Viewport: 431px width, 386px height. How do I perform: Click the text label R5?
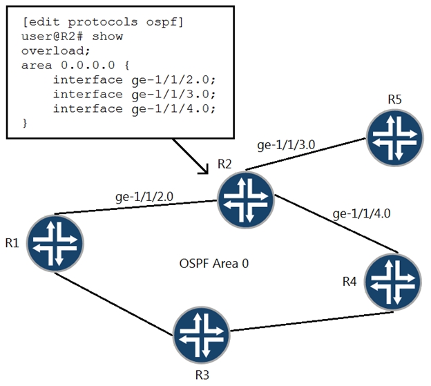394,99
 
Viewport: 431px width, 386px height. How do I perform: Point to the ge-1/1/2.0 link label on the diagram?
144,196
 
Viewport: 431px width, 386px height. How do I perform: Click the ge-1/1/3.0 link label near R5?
285,145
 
